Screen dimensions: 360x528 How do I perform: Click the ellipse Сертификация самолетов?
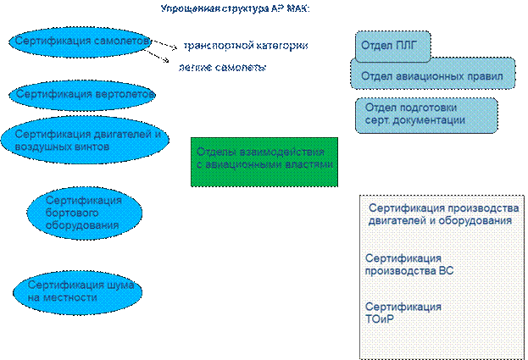[x=83, y=42]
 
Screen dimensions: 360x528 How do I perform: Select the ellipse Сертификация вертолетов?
[x=83, y=94]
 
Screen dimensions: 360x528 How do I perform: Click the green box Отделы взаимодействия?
[x=264, y=161]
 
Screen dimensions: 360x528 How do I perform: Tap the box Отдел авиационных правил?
[x=432, y=75]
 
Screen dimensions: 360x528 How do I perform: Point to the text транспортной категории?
[x=245, y=45]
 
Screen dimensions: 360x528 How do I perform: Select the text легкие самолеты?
[x=223, y=67]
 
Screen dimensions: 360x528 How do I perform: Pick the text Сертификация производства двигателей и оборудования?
[x=441, y=213]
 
